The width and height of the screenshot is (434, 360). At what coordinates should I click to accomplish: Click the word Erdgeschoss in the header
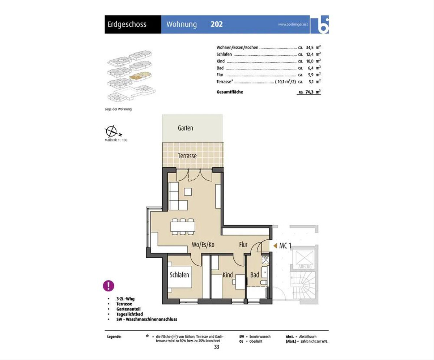127,25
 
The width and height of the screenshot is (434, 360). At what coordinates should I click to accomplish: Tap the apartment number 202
217,24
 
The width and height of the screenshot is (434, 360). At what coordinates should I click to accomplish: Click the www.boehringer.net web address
293,24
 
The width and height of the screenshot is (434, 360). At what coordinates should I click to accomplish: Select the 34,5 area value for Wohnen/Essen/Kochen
310,48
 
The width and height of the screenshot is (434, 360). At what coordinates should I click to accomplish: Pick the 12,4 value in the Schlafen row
310,55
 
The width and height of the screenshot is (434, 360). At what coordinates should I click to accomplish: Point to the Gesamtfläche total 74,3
310,92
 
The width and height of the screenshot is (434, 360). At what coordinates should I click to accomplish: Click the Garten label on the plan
186,128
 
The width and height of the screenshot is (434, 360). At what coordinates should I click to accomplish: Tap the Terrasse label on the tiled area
187,156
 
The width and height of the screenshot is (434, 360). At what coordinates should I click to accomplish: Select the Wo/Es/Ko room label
203,245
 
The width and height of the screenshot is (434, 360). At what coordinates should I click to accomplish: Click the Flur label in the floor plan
243,245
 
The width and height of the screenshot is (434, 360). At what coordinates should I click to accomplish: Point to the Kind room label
227,275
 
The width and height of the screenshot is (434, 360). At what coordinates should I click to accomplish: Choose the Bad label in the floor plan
255,275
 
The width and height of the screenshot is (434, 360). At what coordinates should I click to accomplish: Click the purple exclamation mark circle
109,286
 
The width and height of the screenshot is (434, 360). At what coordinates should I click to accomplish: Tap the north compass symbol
112,131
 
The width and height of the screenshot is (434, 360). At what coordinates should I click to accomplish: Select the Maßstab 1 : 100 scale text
116,140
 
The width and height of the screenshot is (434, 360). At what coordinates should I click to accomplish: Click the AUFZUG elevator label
305,266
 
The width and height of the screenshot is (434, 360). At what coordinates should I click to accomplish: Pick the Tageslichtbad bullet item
129,314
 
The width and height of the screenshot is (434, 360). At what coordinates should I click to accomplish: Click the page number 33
217,347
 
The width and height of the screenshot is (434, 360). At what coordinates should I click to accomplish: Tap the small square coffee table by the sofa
188,192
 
